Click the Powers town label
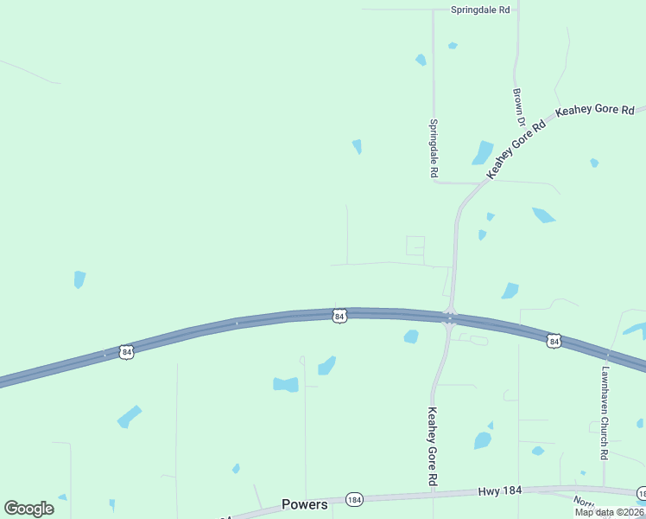(305, 504)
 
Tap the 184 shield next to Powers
(353, 500)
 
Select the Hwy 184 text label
(500, 491)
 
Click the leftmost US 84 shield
(127, 352)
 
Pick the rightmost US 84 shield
(554, 342)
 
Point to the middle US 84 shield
(339, 317)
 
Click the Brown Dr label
(518, 105)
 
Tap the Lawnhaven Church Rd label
(605, 413)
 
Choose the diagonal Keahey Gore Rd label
(517, 149)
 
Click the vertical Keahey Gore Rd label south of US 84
(433, 445)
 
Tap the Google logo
(29, 508)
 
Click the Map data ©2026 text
(610, 512)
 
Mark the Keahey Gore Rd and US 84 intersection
(449, 317)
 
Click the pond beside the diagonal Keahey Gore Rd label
(482, 152)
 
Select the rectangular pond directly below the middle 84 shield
(286, 384)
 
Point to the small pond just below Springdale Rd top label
(453, 45)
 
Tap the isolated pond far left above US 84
(79, 279)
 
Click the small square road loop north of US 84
(415, 246)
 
